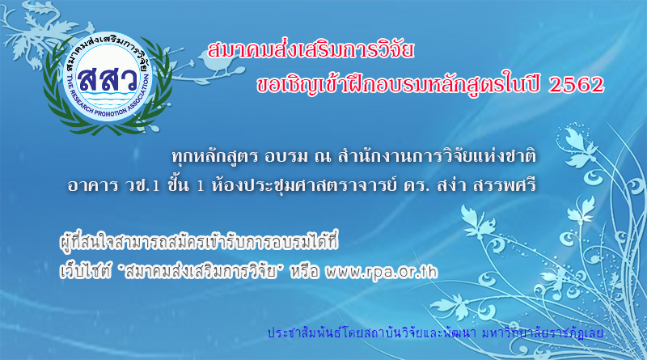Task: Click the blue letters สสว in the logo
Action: coord(108,78)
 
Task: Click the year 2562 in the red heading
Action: coord(577,85)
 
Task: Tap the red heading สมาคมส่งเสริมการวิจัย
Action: coord(311,51)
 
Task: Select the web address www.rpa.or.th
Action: coord(381,272)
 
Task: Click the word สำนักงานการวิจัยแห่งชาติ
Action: coord(437,156)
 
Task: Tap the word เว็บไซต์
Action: coord(86,272)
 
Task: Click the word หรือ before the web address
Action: coord(305,272)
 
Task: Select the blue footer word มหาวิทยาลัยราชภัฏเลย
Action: coord(542,332)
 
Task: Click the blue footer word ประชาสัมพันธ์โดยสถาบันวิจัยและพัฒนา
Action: coord(372,332)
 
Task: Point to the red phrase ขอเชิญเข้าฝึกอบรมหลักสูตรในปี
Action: coord(399,85)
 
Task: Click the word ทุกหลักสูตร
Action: coord(214,157)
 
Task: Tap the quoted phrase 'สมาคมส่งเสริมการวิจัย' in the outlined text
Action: coord(201,272)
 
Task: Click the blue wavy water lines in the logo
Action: coord(108,101)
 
